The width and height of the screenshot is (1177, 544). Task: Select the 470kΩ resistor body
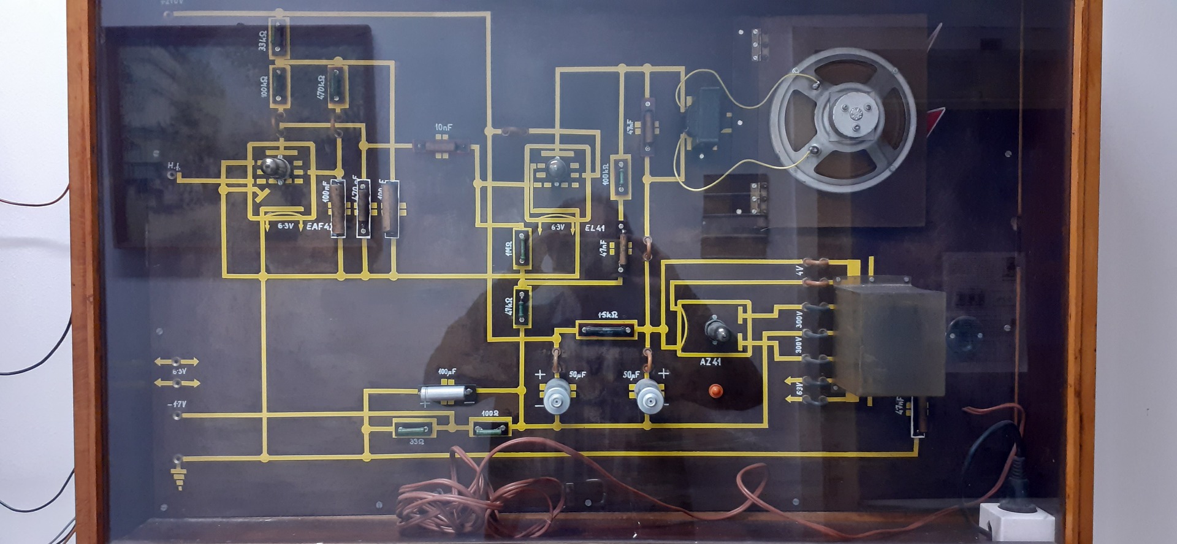point(337,86)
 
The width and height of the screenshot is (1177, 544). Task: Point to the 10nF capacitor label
point(444,127)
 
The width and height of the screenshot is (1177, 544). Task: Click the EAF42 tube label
point(319,226)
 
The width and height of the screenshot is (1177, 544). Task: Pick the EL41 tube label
point(595,228)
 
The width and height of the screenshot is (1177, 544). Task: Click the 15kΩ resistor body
point(607,330)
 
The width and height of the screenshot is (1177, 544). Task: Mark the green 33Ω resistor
point(415,429)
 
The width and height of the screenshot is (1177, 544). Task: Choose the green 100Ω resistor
point(490,428)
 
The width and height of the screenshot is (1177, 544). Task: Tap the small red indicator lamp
point(715,390)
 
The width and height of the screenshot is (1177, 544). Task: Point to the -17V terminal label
point(177,404)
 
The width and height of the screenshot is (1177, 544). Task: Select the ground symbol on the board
point(179,475)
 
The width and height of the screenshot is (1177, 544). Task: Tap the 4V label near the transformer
point(799,270)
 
